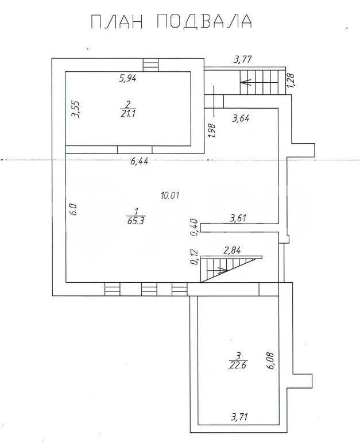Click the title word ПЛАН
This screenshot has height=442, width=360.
pos(117,21)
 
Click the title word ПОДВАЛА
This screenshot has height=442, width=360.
pos(204,21)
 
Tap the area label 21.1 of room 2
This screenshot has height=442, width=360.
pos(128,113)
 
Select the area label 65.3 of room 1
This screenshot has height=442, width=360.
pos(136,221)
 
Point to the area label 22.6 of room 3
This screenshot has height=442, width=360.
pos(238,365)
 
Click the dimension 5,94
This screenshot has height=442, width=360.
pos(127,78)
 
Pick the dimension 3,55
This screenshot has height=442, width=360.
pos(75,109)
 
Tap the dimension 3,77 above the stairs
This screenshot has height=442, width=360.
pos(243,59)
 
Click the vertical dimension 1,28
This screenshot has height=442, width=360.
pos(291,80)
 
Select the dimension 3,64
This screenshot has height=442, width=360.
pos(241,118)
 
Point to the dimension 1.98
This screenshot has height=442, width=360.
pos(212,130)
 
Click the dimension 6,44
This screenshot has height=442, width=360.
pos(140,162)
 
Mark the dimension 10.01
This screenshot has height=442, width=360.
pos(170,195)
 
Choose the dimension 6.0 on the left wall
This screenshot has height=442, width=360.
pos(73,209)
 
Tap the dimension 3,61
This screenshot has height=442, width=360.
pos(238,218)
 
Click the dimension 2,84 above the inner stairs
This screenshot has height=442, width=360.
pos(232,251)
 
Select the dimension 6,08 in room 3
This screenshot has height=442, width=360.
pos(270,360)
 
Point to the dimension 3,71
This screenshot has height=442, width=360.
pos(239,416)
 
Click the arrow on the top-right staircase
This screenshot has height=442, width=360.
pos(259,83)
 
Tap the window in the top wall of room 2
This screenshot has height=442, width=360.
pos(150,65)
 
